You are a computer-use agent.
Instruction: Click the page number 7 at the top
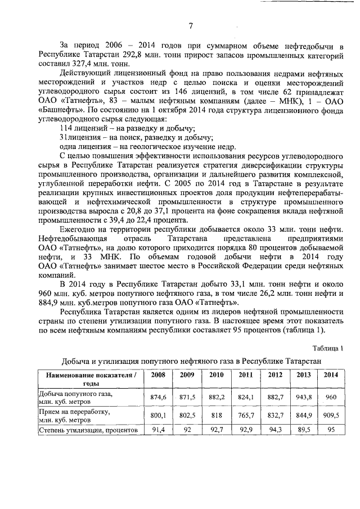click(190, 25)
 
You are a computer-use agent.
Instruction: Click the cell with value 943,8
click(303, 397)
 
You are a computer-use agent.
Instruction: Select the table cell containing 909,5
click(331, 415)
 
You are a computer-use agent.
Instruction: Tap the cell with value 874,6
click(155, 397)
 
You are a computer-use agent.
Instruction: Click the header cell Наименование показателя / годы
click(88, 378)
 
